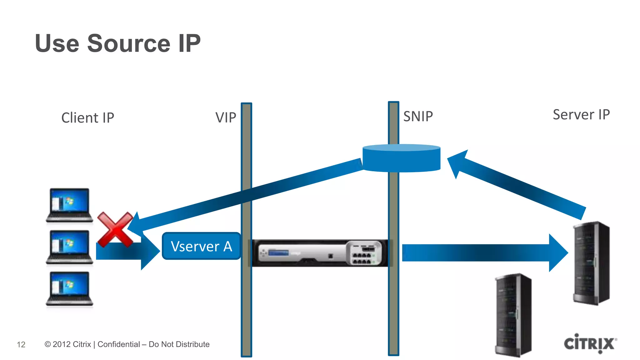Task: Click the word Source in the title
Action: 128,43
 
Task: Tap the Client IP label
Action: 87,118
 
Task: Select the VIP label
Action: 226,117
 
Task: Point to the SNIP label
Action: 418,116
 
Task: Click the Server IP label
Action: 581,114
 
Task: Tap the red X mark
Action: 115,229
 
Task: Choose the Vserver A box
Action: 201,246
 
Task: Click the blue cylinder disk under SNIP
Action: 401,158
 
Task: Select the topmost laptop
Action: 69,205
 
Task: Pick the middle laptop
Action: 69,247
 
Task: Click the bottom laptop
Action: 69,288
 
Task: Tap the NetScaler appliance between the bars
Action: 319,253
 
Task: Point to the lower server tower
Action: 513,315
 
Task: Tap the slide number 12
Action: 21,344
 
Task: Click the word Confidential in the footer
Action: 119,344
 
